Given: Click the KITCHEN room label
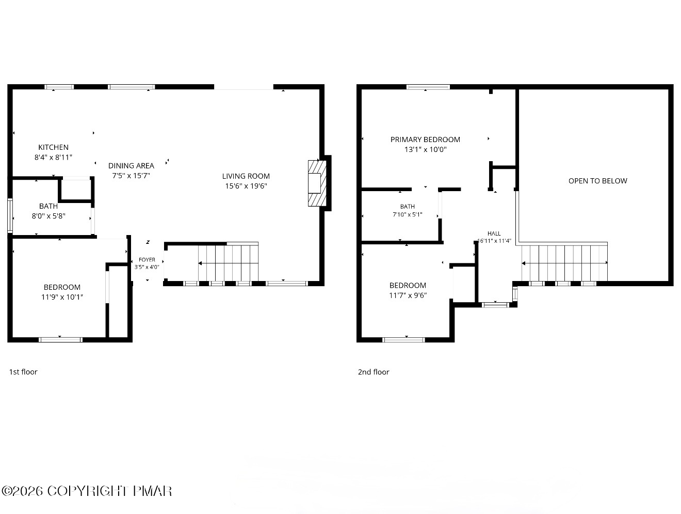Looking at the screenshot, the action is [x=53, y=147].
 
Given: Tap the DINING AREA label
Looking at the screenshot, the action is [x=131, y=166].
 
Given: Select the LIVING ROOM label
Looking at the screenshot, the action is [x=246, y=176].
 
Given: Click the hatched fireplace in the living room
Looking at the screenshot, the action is [x=317, y=183].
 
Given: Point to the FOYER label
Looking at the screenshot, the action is [x=147, y=260].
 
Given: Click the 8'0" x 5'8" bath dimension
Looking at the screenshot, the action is [x=48, y=216].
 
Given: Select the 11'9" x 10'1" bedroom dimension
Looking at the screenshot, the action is [x=62, y=297].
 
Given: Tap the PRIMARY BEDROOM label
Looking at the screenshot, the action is [x=425, y=140].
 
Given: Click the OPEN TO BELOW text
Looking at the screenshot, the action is [x=597, y=181].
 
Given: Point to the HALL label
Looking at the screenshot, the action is [x=494, y=233].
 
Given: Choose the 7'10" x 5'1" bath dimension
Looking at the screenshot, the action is [x=408, y=214].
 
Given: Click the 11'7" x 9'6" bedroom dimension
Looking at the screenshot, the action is [x=408, y=295].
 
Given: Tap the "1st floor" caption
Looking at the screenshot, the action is [x=23, y=372].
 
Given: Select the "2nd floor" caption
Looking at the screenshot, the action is [x=374, y=372].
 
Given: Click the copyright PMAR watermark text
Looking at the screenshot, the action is [x=87, y=491].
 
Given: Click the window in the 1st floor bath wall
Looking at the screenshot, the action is [x=10, y=215].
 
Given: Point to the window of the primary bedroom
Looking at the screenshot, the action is [x=428, y=87].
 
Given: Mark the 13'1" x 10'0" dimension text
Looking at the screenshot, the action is [x=425, y=149].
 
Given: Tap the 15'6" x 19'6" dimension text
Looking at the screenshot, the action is [x=246, y=186].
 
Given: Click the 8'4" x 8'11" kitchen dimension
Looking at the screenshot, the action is [x=53, y=157].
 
